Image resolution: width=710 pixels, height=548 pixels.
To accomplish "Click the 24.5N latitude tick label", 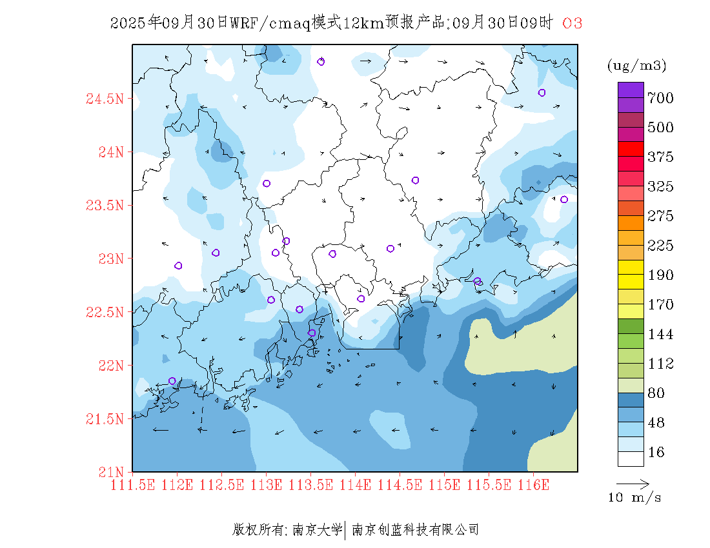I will [104, 99].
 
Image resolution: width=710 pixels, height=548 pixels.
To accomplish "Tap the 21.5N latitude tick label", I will [104, 419].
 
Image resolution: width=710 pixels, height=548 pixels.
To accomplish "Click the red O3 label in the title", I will [573, 23].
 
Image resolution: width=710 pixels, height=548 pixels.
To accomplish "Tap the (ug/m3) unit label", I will [636, 66].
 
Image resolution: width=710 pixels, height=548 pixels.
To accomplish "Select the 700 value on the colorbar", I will [661, 98].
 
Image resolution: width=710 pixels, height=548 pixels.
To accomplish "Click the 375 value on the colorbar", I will [661, 157].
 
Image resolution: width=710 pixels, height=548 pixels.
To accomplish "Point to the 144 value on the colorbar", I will [661, 335].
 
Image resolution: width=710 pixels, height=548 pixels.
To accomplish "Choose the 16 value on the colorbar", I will [656, 453].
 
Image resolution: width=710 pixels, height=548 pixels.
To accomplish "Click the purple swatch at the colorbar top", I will [631, 90].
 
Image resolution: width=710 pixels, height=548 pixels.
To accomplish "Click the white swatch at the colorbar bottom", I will [631, 458].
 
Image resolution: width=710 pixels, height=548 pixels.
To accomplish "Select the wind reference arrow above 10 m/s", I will [633, 483].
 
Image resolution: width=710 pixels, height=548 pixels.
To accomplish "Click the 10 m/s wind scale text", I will [635, 498].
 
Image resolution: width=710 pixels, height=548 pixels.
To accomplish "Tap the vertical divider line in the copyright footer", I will [347, 530].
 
